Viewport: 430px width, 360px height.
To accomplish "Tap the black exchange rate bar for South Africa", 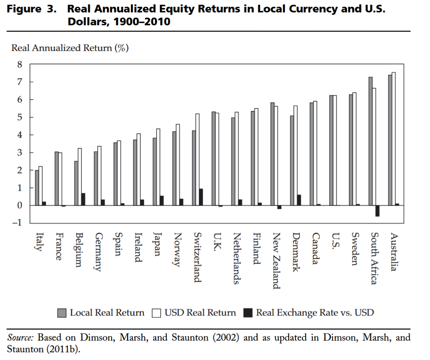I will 377,211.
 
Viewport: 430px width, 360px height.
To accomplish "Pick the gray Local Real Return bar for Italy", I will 37,188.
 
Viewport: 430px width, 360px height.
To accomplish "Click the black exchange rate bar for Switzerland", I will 201,197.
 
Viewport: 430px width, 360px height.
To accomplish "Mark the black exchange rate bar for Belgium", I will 83,199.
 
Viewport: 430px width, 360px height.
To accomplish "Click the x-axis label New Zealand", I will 276,261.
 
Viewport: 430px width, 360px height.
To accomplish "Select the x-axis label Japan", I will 157,244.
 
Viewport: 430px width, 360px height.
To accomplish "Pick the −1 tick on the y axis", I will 17,223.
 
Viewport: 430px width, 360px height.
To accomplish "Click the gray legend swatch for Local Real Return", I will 62,313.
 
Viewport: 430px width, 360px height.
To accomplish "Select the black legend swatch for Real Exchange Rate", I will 248,313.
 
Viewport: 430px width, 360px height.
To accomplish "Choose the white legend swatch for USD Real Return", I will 157,313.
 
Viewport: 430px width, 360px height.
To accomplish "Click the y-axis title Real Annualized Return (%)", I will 70,48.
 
